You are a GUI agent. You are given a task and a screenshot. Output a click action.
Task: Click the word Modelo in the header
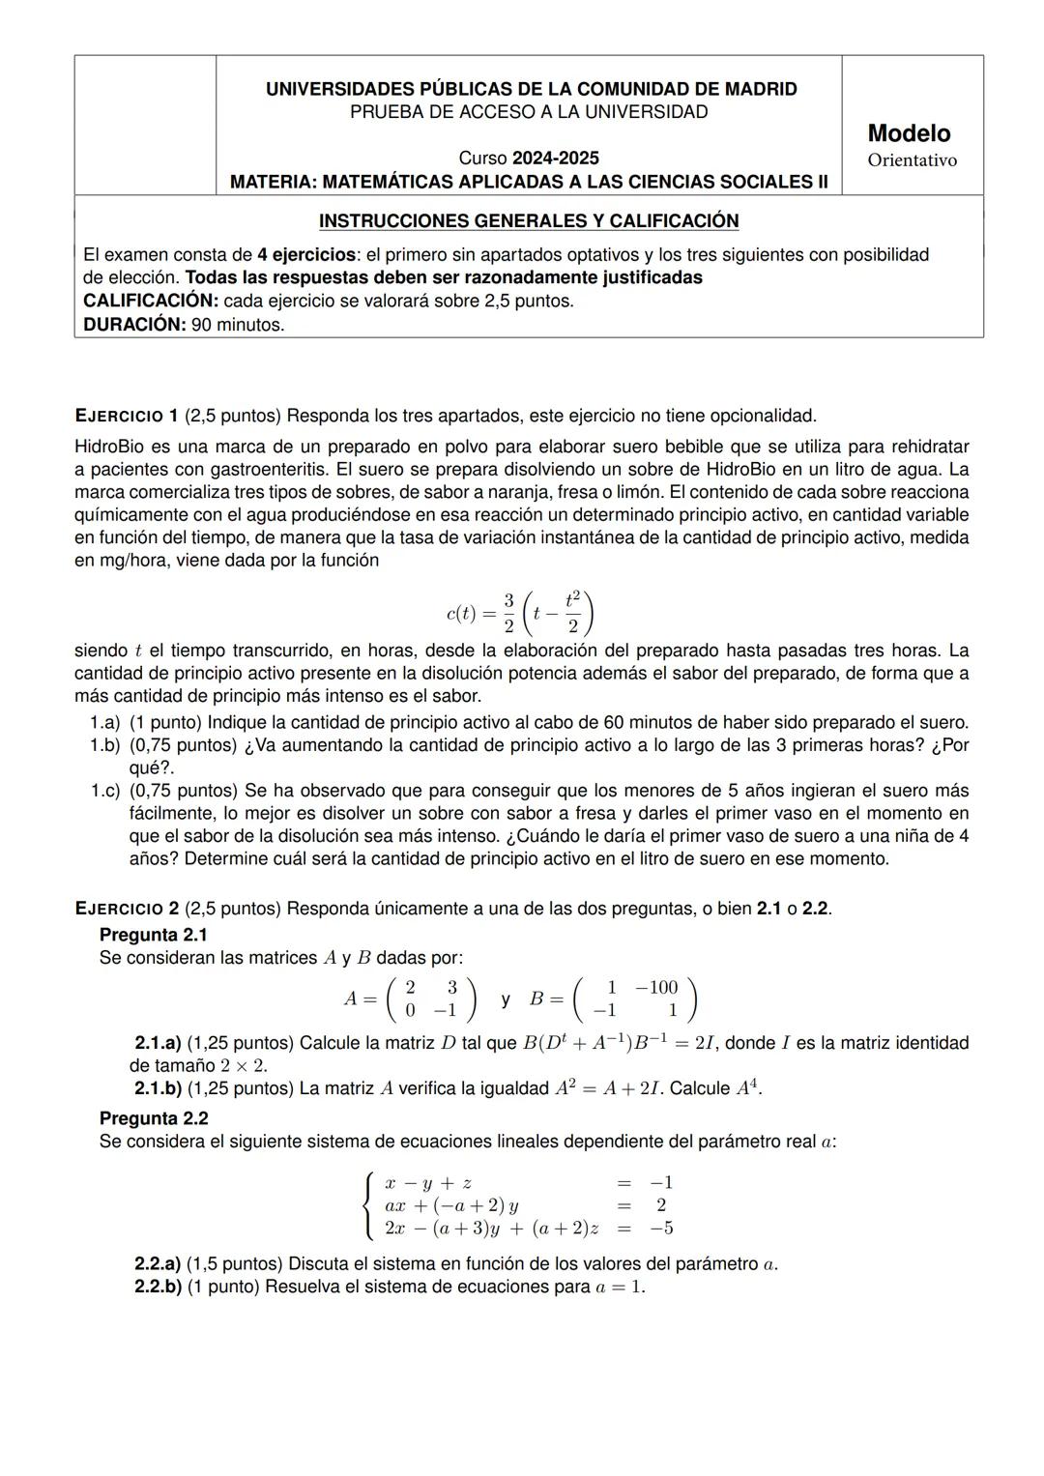click(909, 133)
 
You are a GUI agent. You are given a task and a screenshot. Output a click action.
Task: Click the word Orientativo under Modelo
click(912, 160)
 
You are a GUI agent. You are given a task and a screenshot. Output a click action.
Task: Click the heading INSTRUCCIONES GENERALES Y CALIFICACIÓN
click(529, 221)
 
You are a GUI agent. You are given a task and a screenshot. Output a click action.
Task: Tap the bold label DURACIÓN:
click(134, 325)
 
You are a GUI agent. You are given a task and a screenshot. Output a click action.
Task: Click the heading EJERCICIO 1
click(126, 417)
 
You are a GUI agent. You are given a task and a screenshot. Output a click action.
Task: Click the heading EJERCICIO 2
click(126, 909)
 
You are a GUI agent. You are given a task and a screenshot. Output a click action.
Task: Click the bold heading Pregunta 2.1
click(154, 935)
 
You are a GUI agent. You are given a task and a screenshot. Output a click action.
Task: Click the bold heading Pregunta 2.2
click(154, 1118)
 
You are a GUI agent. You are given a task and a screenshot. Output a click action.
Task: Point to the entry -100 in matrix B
click(656, 987)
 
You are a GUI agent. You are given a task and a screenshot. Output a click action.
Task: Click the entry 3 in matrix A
click(451, 987)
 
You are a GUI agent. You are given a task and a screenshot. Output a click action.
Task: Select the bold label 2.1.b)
click(158, 1088)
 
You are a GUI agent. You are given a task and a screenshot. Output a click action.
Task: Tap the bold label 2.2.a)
click(158, 1263)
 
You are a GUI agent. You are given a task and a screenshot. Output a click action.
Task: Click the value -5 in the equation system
click(661, 1229)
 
